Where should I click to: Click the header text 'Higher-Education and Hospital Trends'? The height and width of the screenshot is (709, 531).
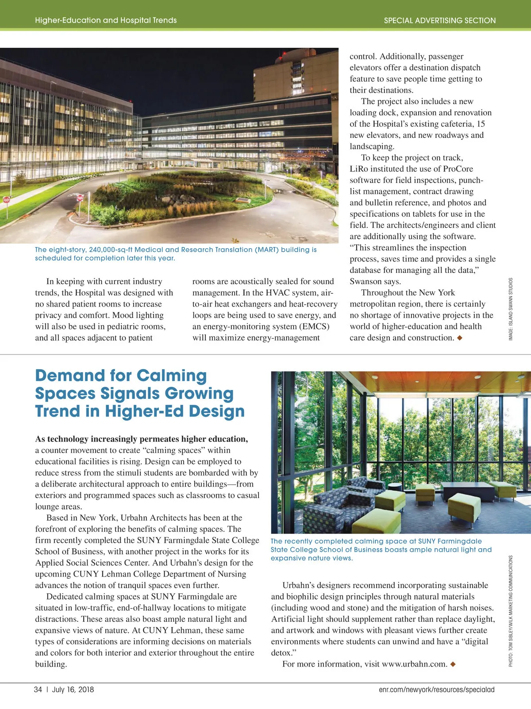tap(106, 20)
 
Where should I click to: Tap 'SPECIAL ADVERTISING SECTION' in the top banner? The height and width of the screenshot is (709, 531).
tap(439, 20)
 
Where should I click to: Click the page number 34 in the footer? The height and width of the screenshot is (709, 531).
tap(38, 690)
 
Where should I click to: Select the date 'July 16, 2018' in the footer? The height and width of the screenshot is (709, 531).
tap(73, 690)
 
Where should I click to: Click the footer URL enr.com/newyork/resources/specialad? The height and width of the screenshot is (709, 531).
tap(436, 690)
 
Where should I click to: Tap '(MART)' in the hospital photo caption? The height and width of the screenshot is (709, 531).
tap(267, 250)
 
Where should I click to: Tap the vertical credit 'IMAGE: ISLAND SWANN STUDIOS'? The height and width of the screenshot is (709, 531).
tap(511, 309)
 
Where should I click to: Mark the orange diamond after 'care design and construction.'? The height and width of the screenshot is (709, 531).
tap(460, 338)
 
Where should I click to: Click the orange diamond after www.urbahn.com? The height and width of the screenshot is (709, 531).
tap(453, 664)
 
